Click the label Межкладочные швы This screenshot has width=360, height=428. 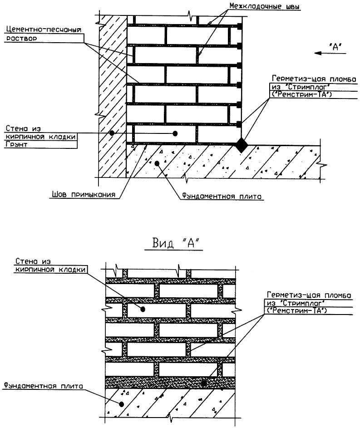point(265,7)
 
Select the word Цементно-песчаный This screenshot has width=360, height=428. point(43,30)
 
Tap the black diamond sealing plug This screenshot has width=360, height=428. point(242,145)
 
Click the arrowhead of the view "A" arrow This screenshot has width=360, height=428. point(320,53)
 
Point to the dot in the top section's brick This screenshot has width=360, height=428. point(175,133)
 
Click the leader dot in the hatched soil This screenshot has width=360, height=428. point(112,133)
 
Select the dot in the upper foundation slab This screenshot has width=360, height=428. point(157,162)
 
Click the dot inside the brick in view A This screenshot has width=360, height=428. point(142,309)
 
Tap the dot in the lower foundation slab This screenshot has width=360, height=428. point(121,403)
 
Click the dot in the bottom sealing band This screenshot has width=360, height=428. point(204,383)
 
